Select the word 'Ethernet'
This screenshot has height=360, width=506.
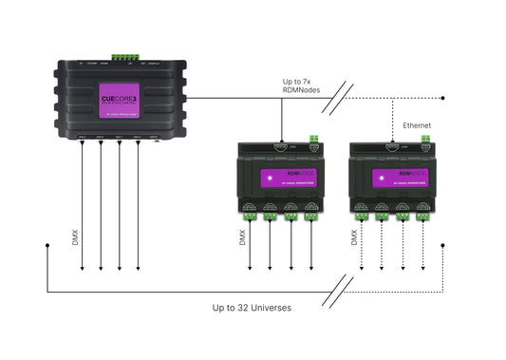[418, 124]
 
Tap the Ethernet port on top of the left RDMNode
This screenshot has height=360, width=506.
[281, 146]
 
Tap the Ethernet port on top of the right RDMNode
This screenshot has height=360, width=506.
[392, 146]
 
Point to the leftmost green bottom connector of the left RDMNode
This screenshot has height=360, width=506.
[248, 215]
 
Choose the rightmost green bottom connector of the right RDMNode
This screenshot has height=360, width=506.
[425, 215]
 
